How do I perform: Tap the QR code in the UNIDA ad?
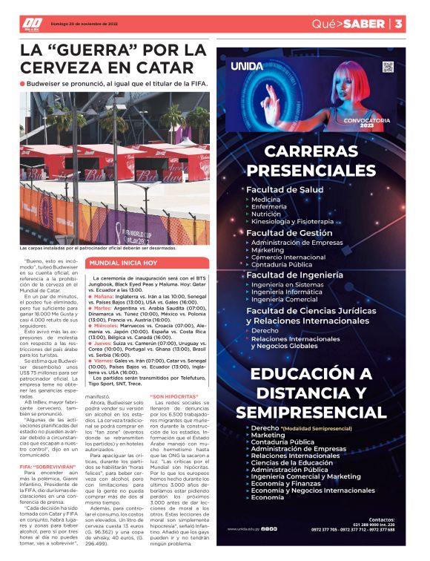(387, 68)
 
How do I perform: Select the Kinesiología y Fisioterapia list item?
(292, 221)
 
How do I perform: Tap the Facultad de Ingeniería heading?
(294, 275)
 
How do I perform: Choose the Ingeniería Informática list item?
(286, 292)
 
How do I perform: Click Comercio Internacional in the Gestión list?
(288, 257)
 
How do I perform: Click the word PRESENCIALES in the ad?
(320, 170)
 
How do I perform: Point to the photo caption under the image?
(98, 248)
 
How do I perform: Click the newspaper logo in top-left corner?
(32, 24)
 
